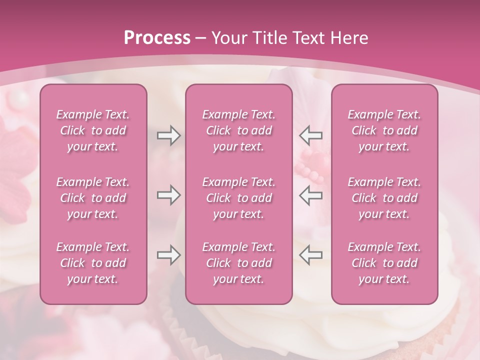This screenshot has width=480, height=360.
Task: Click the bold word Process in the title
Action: point(157,38)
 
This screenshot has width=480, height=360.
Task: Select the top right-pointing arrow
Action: point(168,135)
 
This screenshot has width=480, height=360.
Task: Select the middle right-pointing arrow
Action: point(168,195)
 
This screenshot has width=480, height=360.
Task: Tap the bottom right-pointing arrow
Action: point(168,255)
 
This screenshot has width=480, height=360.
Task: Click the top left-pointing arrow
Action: point(310,135)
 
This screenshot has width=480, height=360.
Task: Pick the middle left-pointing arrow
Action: point(310,195)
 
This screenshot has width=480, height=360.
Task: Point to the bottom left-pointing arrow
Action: point(310,255)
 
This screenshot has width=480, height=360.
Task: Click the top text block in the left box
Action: point(93,130)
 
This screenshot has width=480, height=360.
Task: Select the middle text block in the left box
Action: point(93,198)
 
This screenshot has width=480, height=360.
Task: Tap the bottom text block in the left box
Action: point(93,263)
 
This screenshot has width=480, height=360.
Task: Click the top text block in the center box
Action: point(238,130)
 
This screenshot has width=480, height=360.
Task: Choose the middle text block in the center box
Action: point(238,198)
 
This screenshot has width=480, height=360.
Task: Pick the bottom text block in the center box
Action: point(238,263)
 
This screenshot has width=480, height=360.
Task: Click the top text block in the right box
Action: point(384,130)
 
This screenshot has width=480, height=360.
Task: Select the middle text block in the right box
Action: point(384,198)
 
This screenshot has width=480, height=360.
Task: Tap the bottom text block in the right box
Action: point(384,263)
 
